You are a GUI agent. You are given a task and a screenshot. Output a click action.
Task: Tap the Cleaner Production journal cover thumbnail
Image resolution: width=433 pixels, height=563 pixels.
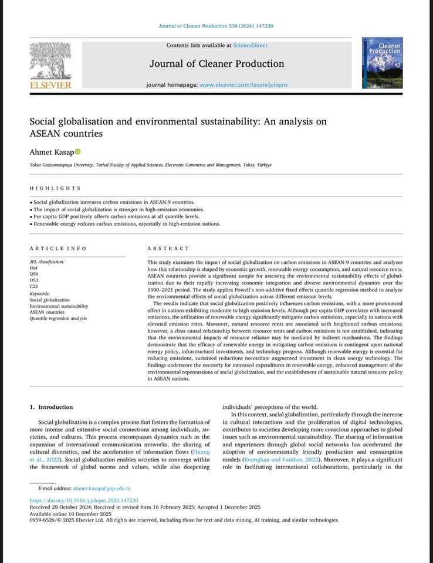pos(382,63)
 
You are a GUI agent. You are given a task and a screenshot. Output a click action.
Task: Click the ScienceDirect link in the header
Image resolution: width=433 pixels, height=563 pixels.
pos(250,45)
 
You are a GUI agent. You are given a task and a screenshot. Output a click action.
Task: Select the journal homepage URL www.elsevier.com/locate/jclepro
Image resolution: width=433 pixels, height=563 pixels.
pos(243,85)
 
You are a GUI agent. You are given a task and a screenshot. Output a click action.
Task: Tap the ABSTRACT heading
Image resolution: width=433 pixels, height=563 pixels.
pos(168,249)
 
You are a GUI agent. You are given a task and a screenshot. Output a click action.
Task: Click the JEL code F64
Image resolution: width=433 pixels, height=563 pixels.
pos(33,267)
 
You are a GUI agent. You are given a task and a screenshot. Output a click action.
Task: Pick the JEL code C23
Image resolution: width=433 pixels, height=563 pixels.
pos(33,287)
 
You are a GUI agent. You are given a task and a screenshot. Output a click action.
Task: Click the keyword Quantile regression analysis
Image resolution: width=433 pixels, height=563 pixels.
pos(58,318)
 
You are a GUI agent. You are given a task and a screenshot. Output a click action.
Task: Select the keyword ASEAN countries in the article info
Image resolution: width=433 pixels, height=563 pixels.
pos(48,312)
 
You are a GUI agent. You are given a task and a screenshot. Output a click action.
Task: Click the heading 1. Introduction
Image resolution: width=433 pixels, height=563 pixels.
pos(52,407)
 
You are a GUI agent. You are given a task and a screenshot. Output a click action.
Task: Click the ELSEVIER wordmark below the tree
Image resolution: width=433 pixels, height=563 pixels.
pos(50,85)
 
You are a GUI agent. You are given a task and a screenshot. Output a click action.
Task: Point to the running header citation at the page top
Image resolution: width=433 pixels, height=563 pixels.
pos(216,26)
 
